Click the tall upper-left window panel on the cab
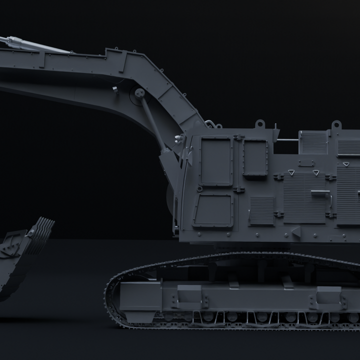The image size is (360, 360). point(216,161)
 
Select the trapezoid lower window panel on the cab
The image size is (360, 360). point(213,210)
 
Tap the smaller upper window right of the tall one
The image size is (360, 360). point(255,158)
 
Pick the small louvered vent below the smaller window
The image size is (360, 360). point(262,210)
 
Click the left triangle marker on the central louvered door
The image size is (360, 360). point(291,172)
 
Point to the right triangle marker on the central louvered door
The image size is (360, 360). point(316,172)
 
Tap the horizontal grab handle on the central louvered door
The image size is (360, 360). point(320,192)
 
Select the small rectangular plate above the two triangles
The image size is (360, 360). point(306,163)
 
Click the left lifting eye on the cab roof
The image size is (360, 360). point(259,124)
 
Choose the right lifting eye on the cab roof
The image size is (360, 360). point(336,124)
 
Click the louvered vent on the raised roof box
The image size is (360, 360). point(313,142)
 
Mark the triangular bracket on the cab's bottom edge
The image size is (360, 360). point(296,231)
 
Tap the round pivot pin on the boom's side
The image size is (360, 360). point(140,92)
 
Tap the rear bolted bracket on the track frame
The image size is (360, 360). point(328,298)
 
